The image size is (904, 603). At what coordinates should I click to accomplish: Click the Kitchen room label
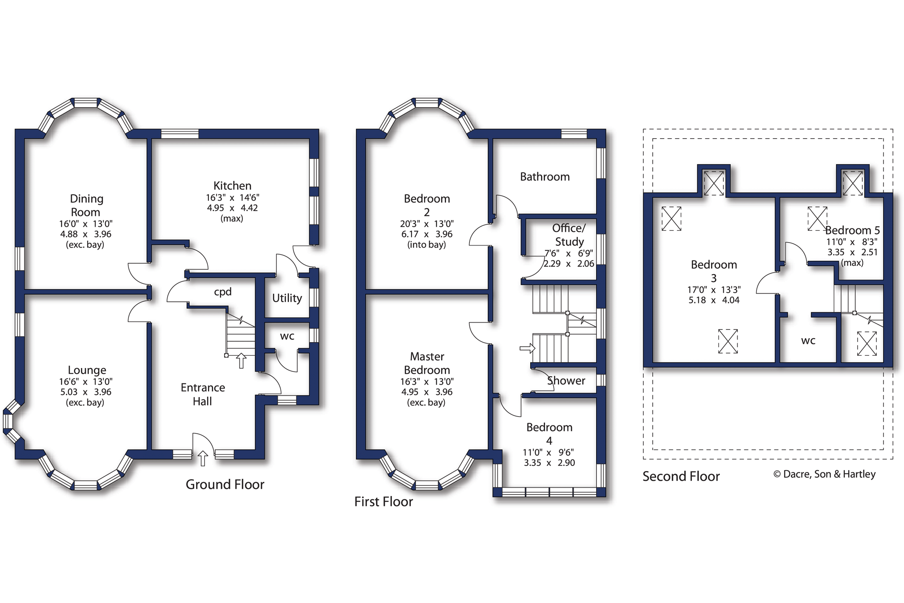pos(232,186)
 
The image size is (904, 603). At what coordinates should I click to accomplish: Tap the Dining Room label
pos(86,206)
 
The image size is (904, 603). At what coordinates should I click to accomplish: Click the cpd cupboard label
pos(223,292)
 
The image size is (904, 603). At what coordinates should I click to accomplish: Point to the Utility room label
pos(287,298)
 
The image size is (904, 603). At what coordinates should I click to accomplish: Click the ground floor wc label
pos(287,336)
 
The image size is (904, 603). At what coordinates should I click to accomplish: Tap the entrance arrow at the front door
pos(203,458)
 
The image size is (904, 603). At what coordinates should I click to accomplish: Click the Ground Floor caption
pos(225,484)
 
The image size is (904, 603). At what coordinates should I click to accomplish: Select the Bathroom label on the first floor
pos(545,177)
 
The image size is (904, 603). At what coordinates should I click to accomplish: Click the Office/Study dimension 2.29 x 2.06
pos(569,263)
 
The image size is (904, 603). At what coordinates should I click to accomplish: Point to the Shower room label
pos(566,380)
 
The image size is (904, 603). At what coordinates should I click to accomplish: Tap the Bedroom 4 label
pos(549,434)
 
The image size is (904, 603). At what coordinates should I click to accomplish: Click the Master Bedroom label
pos(427,363)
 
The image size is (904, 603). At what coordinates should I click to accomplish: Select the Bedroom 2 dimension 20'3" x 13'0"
pos(426,224)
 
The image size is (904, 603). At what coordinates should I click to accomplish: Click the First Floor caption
pos(384,502)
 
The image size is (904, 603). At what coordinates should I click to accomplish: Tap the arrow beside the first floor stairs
pos(527,349)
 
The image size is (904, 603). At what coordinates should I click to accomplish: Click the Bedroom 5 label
pos(853,230)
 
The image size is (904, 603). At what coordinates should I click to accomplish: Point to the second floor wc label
pos(808,341)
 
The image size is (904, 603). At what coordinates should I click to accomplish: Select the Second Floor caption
pos(681,476)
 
